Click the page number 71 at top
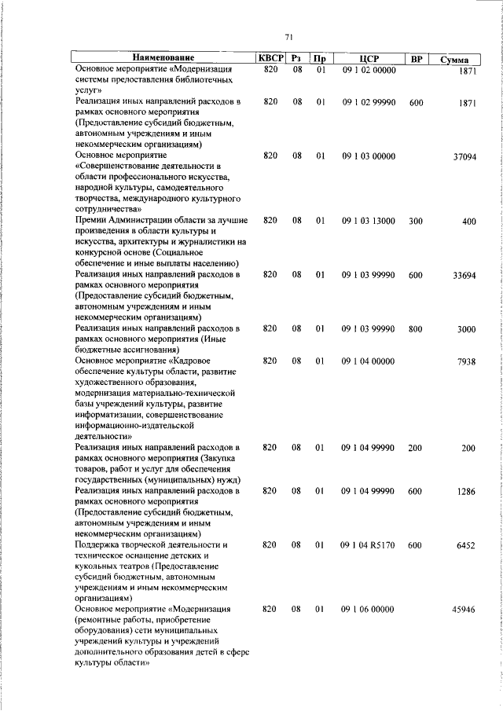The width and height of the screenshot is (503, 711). click(288, 37)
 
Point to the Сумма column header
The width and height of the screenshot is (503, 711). click(455, 60)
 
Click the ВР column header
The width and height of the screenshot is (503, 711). click(416, 58)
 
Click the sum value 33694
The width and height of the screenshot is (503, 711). click(463, 275)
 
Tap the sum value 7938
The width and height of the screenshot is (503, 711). click(467, 361)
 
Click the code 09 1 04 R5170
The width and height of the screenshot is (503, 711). click(368, 544)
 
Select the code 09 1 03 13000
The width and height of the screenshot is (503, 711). click(368, 222)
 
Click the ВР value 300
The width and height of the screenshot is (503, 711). click(416, 222)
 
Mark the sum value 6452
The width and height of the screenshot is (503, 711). click(466, 544)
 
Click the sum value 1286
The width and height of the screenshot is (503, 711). click(466, 491)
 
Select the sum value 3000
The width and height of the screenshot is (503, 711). click(466, 329)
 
